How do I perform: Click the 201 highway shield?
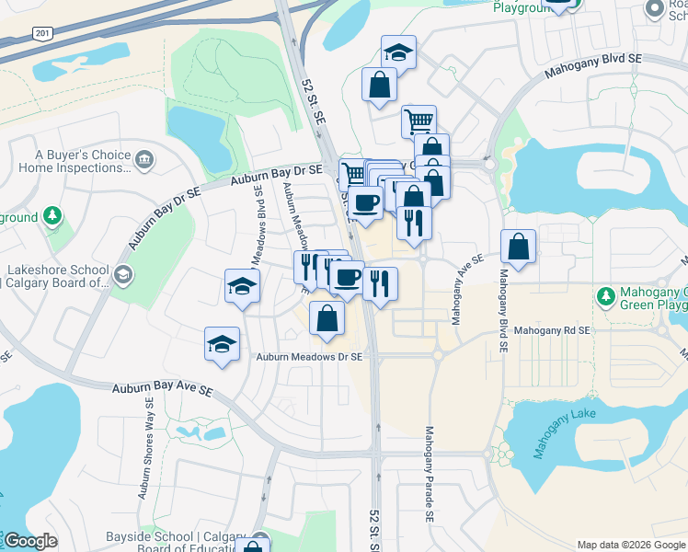coord(42,33)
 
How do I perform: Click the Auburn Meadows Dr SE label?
coord(309,357)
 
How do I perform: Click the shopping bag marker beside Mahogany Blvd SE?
coord(519,247)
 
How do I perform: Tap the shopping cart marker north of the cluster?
coord(419,121)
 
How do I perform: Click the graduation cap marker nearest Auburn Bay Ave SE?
coord(222,344)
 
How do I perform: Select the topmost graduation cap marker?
coord(398,52)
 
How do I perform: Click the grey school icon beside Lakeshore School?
coord(122,275)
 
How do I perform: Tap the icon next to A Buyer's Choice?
coord(143,161)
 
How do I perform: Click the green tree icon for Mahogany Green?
coord(605,296)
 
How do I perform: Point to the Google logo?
coord(30,541)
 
